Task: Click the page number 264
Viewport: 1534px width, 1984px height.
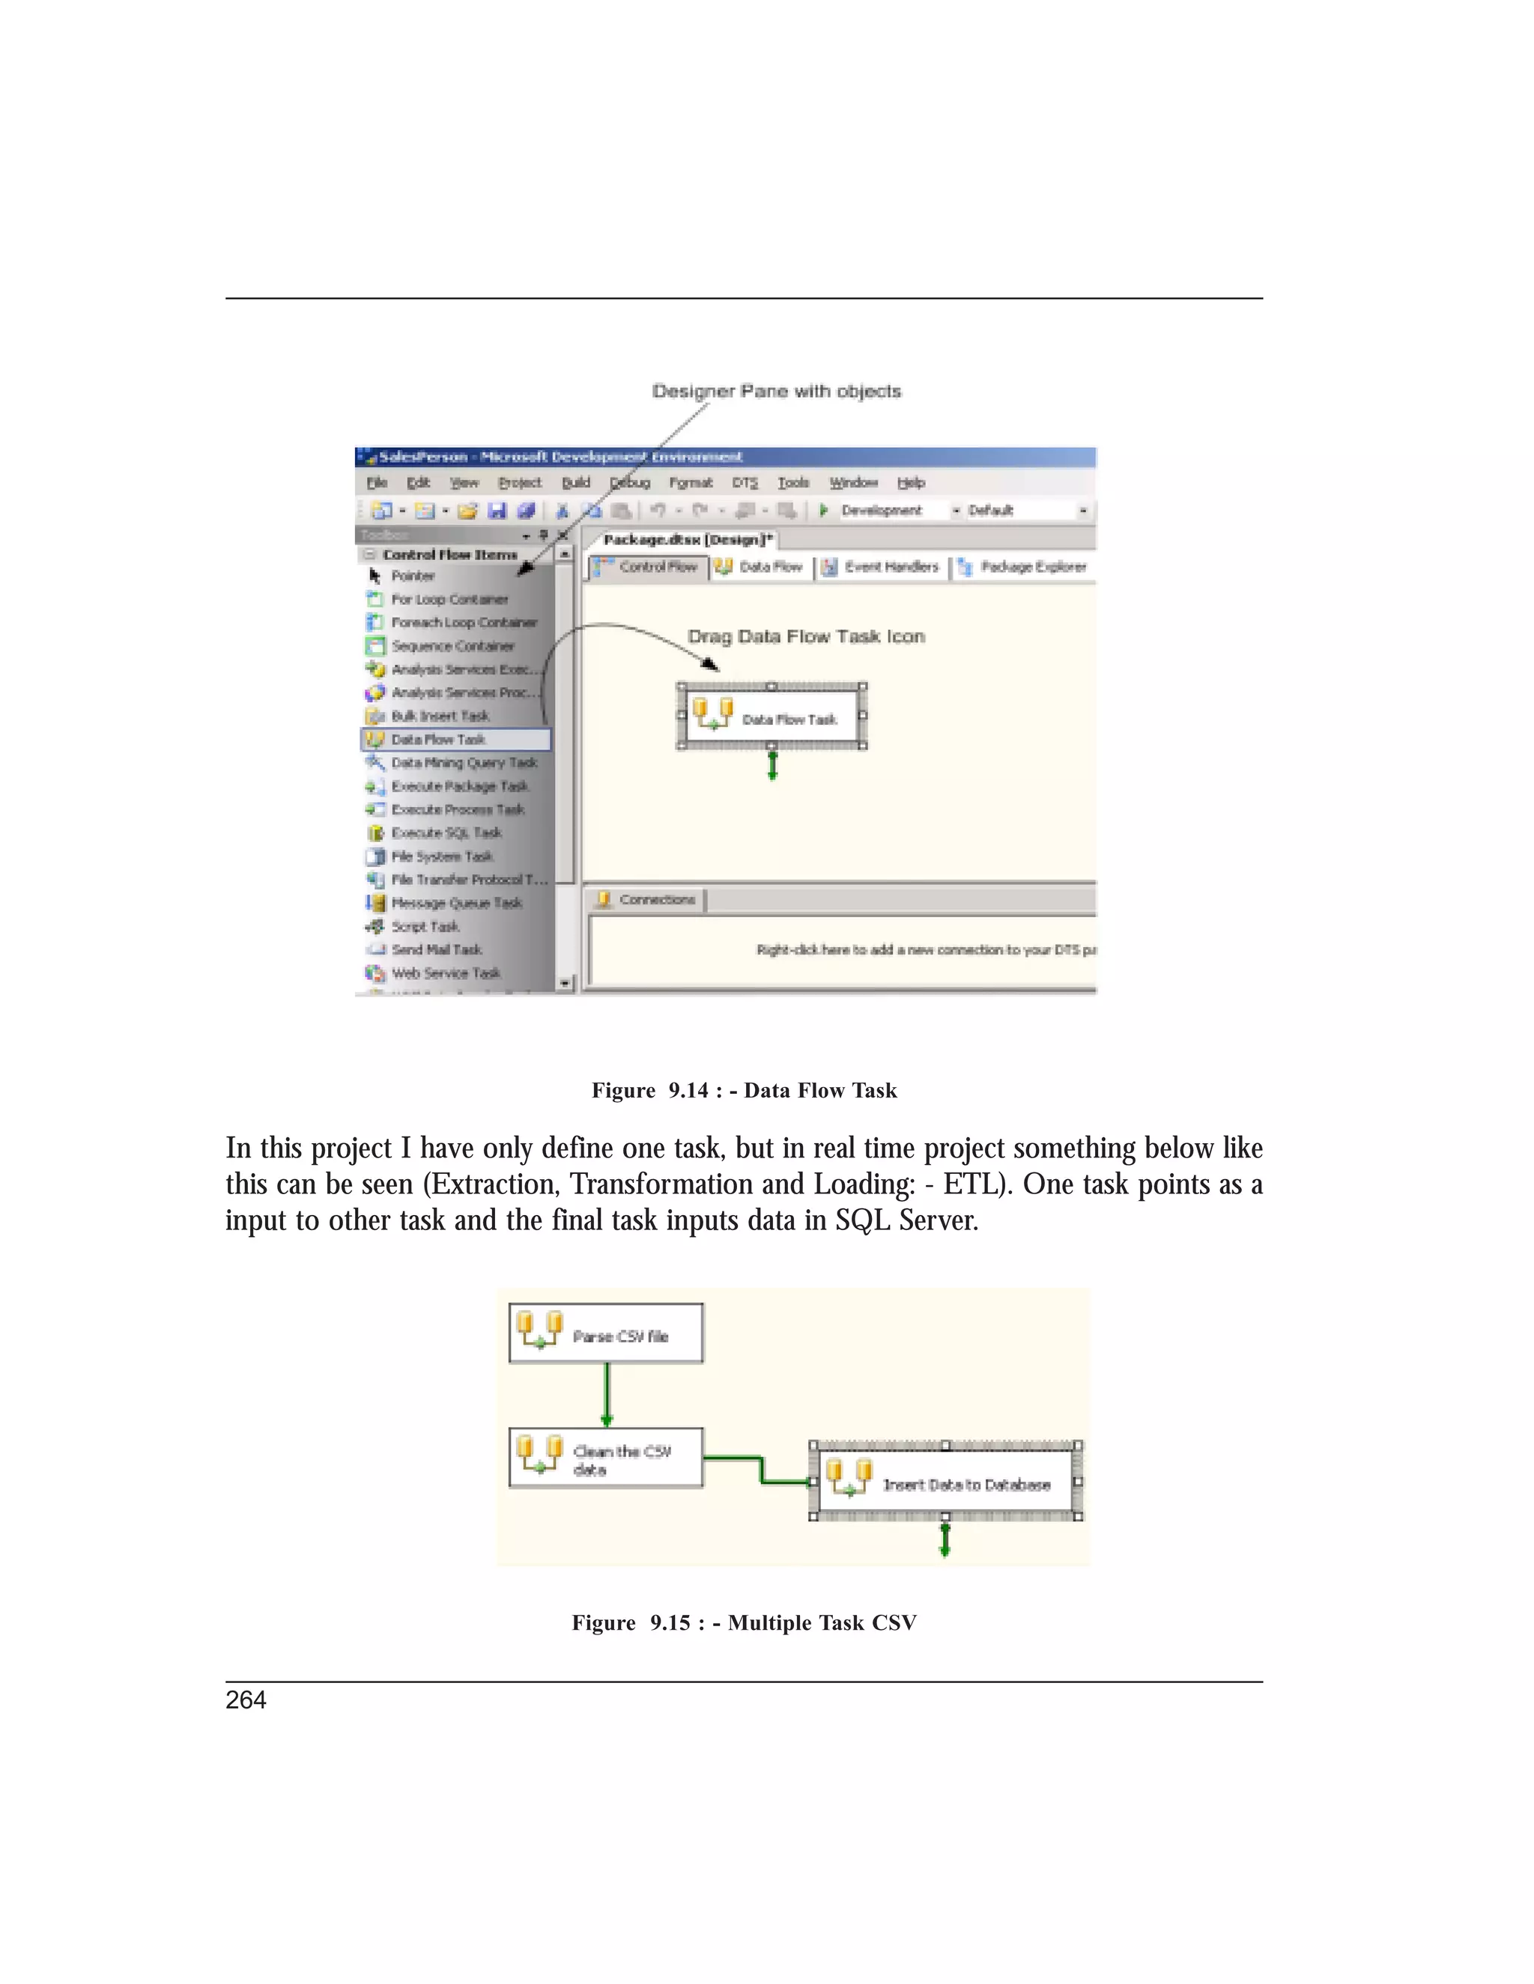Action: point(246,1700)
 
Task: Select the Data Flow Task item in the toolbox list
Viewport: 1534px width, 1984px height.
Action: point(438,740)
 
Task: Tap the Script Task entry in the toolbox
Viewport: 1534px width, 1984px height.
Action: point(425,927)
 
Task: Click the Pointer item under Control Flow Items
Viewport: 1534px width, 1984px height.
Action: point(413,576)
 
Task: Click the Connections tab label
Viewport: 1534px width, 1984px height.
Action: point(656,899)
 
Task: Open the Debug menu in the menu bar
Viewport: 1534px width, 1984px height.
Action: point(629,482)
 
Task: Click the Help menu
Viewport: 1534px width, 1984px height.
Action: point(911,482)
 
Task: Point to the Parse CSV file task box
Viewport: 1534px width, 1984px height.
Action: point(606,1334)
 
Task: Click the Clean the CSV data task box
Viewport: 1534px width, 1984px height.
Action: point(606,1458)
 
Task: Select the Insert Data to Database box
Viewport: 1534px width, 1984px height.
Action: point(945,1483)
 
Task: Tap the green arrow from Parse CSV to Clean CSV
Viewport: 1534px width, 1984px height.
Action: point(607,1395)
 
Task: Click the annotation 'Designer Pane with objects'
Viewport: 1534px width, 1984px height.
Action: point(776,392)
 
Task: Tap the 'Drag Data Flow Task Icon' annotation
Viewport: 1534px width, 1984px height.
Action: point(806,637)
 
